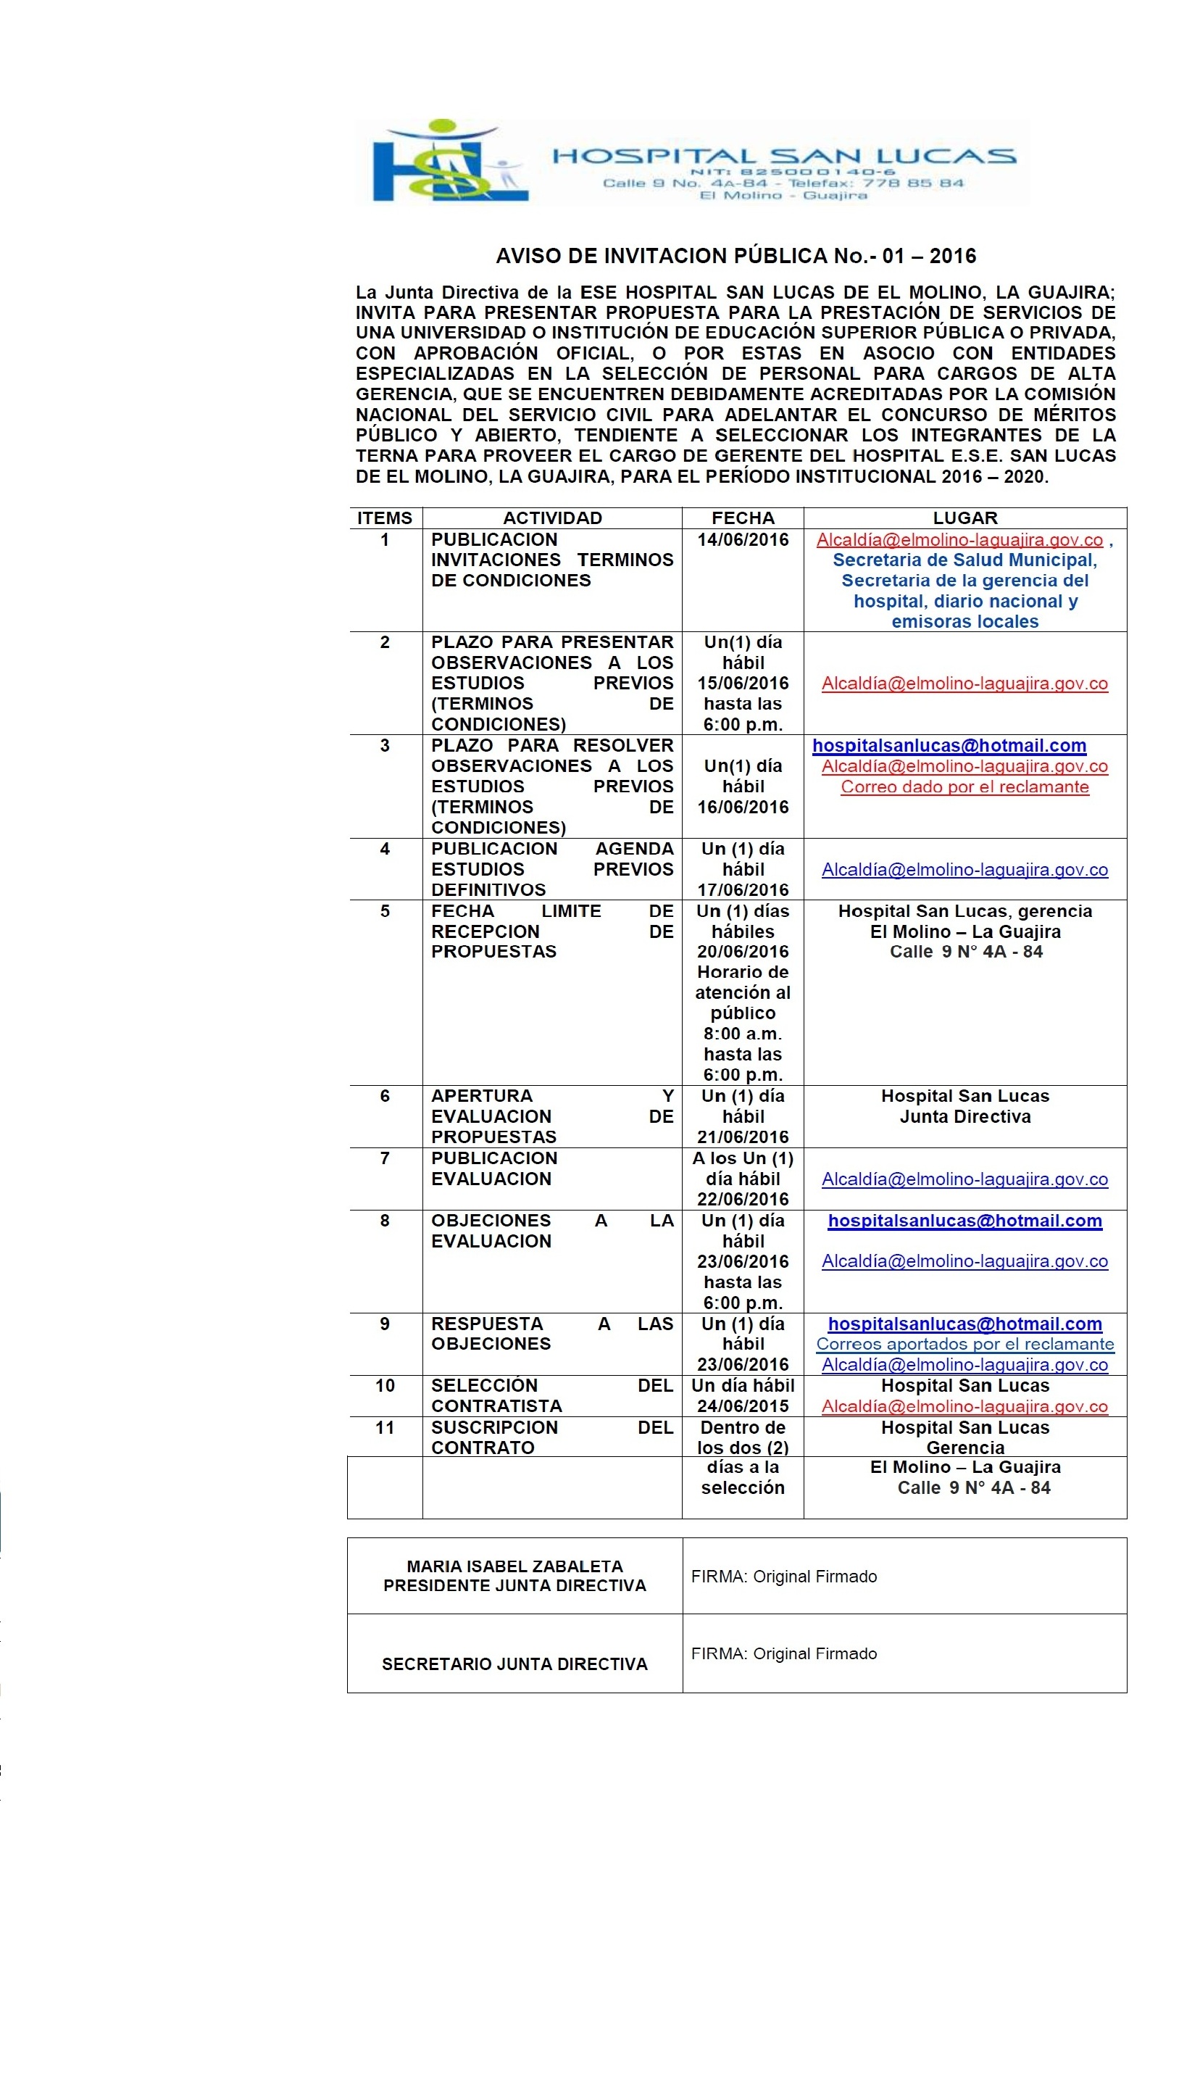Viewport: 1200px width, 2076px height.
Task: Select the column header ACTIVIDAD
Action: pos(552,518)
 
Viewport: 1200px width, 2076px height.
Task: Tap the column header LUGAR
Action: pos(964,518)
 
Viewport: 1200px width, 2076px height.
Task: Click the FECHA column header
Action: pos(742,518)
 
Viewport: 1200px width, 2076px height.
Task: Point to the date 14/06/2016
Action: pos(742,539)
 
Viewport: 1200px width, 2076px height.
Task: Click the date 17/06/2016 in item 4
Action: pos(742,889)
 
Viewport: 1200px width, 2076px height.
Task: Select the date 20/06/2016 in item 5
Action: pos(742,952)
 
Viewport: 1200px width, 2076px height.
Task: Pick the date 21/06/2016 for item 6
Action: pos(742,1137)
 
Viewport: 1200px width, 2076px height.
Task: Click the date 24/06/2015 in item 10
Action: pos(742,1406)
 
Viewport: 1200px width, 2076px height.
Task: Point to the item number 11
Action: pos(385,1427)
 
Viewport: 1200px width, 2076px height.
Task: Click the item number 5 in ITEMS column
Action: pos(385,910)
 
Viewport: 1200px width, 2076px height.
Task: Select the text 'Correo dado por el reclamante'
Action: pos(964,786)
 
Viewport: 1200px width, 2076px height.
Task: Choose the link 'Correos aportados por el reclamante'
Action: pos(964,1344)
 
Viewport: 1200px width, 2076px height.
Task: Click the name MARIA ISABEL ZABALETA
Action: pos(514,1565)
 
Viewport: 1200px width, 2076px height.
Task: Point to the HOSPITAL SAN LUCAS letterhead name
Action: pos(783,156)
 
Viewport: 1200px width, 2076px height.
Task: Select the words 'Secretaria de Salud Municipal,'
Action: pos(964,560)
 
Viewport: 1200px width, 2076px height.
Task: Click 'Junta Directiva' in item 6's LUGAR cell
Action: pos(964,1116)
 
